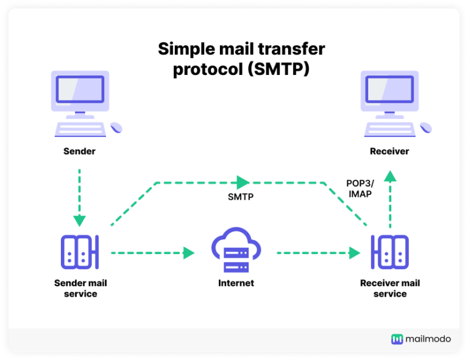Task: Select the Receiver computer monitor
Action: click(389, 90)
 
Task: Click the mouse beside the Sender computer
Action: click(116, 128)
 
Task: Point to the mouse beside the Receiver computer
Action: click(425, 128)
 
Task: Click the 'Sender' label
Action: click(79, 150)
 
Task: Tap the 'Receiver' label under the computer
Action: click(389, 150)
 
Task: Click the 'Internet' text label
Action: click(236, 283)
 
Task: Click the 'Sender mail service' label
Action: click(80, 288)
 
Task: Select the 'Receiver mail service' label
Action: click(390, 288)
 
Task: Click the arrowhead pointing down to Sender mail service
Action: click(80, 221)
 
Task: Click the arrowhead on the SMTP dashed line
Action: click(243, 182)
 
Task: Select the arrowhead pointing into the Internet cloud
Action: click(189, 252)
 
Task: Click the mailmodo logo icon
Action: click(397, 339)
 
